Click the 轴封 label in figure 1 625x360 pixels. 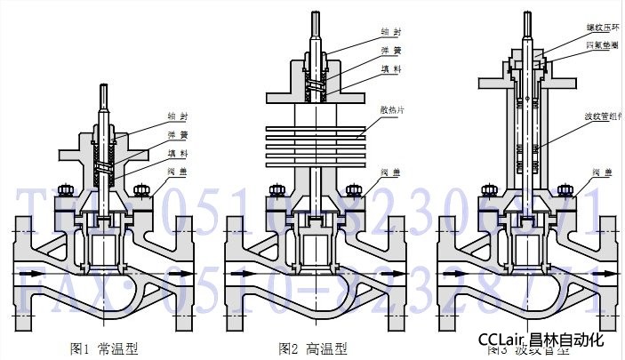pyautogui.click(x=178, y=115)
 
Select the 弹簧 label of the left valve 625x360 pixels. pyautogui.click(x=177, y=135)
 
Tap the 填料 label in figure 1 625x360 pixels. pyautogui.click(x=177, y=154)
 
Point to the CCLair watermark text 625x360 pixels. pyautogui.click(x=502, y=340)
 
